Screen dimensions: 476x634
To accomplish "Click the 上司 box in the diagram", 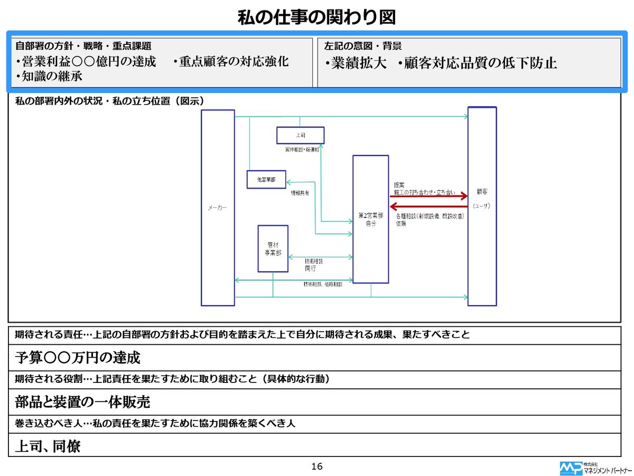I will (300, 135).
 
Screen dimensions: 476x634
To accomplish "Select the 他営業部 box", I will (266, 180).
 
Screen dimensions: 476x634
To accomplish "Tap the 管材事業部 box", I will (273, 249).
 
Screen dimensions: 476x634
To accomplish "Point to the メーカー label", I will (218, 208).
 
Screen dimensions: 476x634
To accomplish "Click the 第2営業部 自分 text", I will (370, 219).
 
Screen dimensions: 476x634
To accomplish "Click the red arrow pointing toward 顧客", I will (429, 196).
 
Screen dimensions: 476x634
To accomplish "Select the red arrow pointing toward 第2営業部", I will (429, 206).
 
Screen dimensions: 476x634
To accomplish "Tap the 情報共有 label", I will (300, 194).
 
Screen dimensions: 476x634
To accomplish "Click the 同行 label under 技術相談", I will (310, 269).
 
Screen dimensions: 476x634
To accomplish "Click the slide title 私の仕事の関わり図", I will (316, 17).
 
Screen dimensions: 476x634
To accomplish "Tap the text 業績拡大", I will (358, 63).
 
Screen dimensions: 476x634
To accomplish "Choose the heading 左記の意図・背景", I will (362, 46).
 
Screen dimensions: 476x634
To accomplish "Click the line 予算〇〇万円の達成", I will (78, 358).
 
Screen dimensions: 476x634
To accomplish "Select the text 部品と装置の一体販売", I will (82, 402).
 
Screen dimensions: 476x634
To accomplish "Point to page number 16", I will (317, 466).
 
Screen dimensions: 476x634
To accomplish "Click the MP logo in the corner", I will (570, 468).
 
